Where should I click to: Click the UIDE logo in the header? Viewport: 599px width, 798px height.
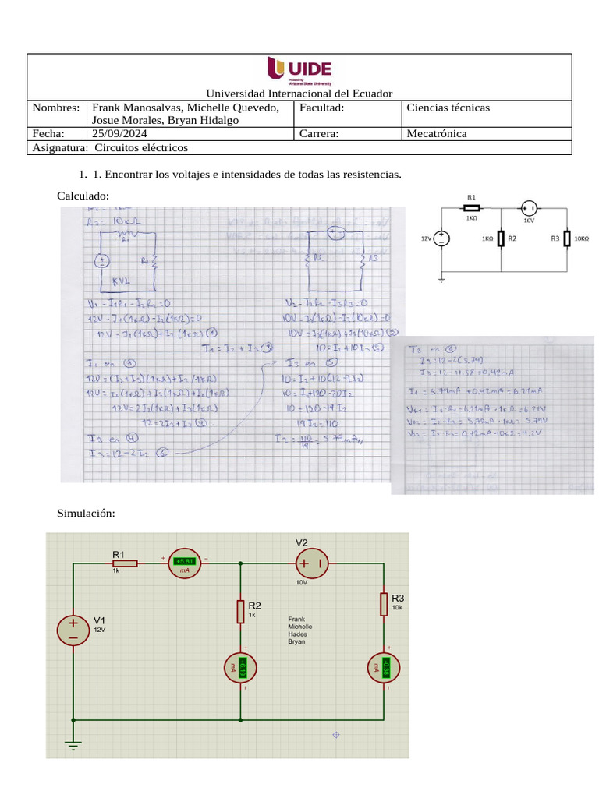point(299,69)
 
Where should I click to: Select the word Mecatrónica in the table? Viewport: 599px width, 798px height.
point(437,134)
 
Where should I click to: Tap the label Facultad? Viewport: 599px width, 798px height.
point(321,108)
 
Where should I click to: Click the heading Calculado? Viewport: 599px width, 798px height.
point(83,196)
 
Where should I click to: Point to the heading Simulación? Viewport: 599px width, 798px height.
point(87,513)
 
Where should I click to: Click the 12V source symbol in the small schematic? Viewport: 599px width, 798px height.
point(441,239)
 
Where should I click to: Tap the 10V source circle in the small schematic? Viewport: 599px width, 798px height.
point(528,207)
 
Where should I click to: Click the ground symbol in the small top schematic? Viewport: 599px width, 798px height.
point(441,277)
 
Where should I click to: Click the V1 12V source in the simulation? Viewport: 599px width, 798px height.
point(73,630)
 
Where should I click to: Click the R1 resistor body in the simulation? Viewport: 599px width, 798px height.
point(125,563)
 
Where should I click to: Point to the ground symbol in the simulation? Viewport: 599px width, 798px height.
point(73,744)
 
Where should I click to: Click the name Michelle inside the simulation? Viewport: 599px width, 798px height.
point(300,627)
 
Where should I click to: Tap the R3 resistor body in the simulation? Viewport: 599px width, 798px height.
point(385,602)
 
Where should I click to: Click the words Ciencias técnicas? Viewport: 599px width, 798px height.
point(448,108)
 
